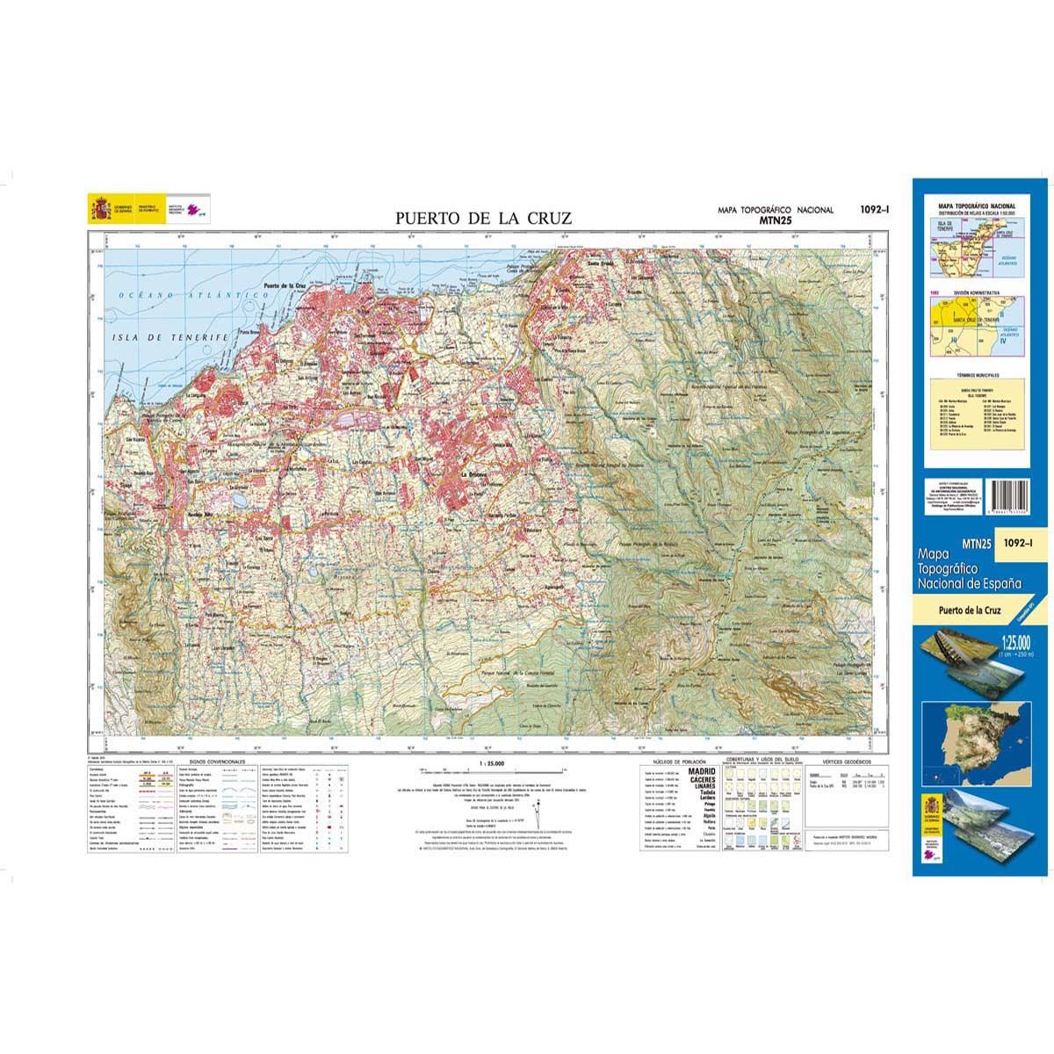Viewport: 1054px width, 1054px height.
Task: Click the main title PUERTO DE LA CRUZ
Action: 483,218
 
